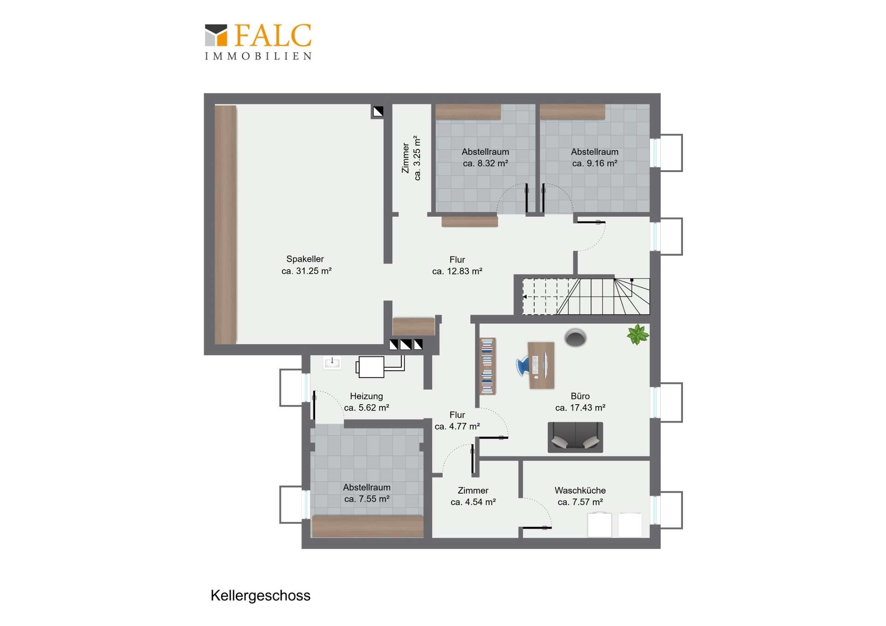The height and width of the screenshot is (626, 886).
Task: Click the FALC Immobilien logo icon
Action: [x=216, y=35]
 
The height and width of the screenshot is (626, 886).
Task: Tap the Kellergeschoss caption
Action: [x=260, y=596]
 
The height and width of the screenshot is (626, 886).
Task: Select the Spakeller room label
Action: [x=305, y=259]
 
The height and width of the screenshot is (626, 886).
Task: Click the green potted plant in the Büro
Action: [x=638, y=334]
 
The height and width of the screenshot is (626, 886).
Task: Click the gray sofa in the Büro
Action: [x=575, y=437]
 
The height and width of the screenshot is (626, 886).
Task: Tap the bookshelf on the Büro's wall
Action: [x=487, y=366]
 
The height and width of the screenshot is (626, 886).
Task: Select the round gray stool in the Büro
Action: [x=575, y=338]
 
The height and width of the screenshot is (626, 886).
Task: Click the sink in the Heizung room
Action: [x=332, y=363]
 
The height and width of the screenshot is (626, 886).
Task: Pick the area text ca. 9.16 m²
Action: [x=594, y=163]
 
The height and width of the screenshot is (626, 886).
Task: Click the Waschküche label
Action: [x=580, y=490]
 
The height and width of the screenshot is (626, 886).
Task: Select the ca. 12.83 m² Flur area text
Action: [x=457, y=271]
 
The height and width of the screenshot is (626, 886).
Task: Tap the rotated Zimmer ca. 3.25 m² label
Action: [x=411, y=158]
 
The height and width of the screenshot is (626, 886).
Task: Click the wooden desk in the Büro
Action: [x=541, y=365]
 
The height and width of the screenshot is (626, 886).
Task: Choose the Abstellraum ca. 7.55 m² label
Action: [x=367, y=493]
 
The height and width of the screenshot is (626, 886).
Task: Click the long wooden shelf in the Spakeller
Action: [x=226, y=225]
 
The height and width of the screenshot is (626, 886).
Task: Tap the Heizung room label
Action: [x=366, y=396]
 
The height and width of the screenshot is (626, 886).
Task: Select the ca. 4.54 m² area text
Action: [x=473, y=502]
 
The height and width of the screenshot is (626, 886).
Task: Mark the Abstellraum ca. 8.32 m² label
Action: [x=485, y=157]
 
